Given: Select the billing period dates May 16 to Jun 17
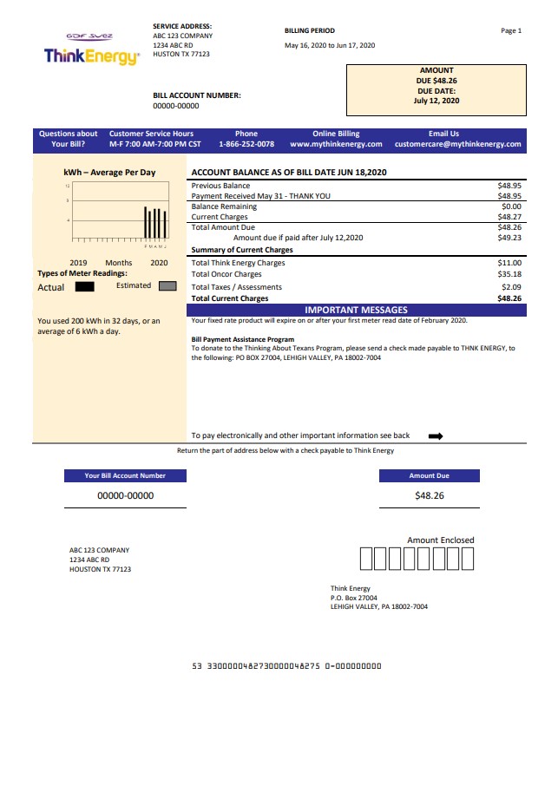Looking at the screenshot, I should (x=330, y=45).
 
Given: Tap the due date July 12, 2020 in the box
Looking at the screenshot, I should (x=437, y=101).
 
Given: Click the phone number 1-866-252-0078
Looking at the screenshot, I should (x=246, y=145).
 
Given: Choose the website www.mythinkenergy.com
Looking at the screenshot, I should (x=336, y=145).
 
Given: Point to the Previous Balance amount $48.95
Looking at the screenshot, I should (x=509, y=186).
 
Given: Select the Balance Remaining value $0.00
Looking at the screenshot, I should (x=511, y=206).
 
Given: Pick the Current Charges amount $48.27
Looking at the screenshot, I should (x=509, y=217).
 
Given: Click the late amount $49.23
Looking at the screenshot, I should (x=509, y=238).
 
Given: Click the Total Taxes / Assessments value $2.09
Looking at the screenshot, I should (x=511, y=287).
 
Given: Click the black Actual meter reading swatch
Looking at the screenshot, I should (x=84, y=286).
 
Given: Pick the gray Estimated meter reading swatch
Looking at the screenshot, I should (x=167, y=285).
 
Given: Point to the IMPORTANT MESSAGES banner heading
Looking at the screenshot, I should (x=356, y=310).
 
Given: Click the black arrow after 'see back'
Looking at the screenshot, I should (x=436, y=436).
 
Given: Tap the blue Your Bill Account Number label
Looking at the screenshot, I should (x=125, y=475).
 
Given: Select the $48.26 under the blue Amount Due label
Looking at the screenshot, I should (x=429, y=495).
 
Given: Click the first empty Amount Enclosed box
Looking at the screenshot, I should (x=365, y=560).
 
